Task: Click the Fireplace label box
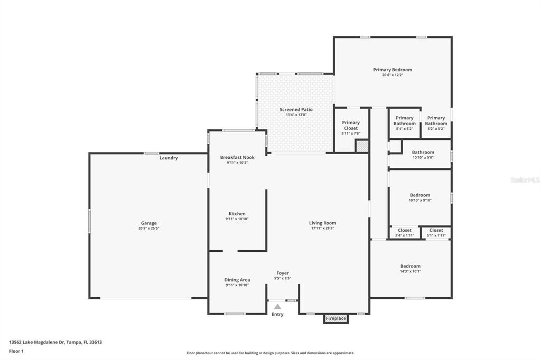click(x=335, y=319)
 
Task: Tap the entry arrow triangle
click(x=277, y=307)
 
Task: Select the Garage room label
click(x=148, y=223)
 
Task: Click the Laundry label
click(x=169, y=158)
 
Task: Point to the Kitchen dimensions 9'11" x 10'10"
click(x=237, y=219)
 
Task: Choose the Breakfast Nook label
click(x=237, y=157)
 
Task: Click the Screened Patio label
click(x=296, y=110)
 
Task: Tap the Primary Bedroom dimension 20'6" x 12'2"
click(x=393, y=75)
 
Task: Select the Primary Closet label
click(x=351, y=125)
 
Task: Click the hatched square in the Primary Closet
click(x=362, y=146)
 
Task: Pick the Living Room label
click(x=323, y=223)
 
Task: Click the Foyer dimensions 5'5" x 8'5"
click(x=283, y=278)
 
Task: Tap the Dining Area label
click(x=237, y=280)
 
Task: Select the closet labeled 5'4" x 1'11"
click(x=404, y=233)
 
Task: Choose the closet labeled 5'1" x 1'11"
click(x=436, y=233)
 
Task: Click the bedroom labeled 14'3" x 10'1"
click(x=410, y=268)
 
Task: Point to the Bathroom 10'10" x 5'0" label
click(x=423, y=155)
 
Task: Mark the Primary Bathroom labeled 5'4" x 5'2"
click(x=404, y=123)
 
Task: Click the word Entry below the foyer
click(x=277, y=315)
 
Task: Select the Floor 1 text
click(x=16, y=352)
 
